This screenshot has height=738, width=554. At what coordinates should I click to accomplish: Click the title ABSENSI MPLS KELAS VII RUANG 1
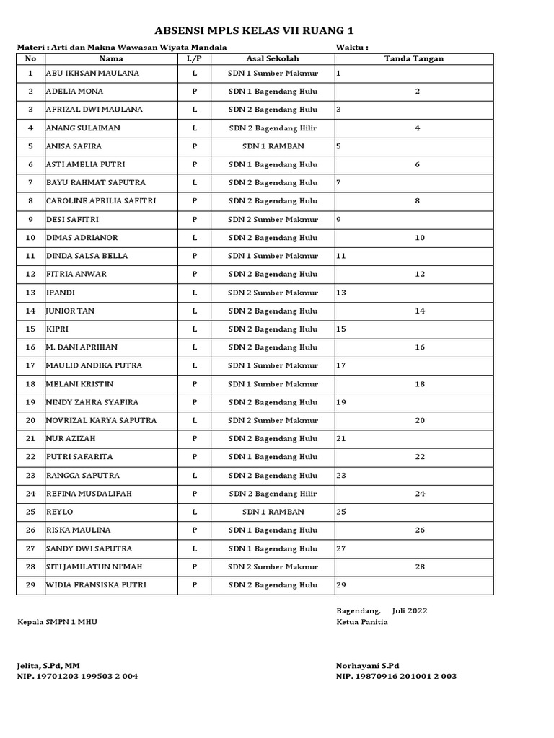click(255, 30)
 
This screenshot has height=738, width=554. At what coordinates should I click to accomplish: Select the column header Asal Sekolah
click(273, 58)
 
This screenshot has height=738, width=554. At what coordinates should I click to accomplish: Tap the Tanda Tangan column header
click(414, 58)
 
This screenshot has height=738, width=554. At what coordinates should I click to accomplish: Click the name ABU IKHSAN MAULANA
click(93, 74)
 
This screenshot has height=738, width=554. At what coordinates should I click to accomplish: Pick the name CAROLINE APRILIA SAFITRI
click(101, 201)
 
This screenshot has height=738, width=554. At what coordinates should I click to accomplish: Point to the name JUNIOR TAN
click(71, 311)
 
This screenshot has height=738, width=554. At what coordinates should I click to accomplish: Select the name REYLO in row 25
click(60, 512)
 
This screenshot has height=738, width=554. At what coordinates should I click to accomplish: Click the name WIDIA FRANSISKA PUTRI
click(96, 584)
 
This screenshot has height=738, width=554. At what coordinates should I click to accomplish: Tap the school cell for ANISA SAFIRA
click(273, 146)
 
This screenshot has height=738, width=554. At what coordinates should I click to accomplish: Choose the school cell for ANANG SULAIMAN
click(273, 128)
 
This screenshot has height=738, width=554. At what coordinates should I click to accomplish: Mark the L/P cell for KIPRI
click(194, 329)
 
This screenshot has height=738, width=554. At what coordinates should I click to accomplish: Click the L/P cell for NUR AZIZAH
click(194, 439)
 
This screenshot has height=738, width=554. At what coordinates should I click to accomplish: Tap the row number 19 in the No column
click(30, 402)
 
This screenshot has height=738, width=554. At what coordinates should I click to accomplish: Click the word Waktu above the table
click(352, 47)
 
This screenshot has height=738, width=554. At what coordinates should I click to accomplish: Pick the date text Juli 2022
click(410, 610)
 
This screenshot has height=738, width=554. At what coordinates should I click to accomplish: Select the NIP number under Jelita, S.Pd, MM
click(78, 677)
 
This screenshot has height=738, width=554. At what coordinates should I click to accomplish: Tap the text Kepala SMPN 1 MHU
click(57, 622)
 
